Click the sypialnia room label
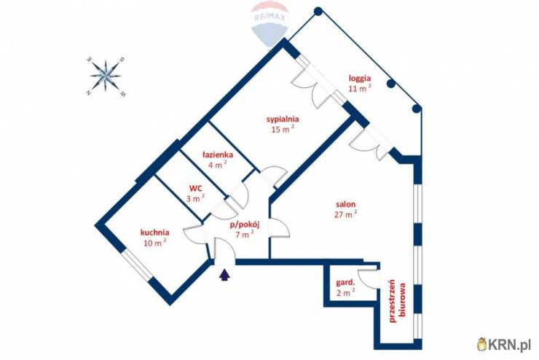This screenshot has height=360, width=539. (283, 120)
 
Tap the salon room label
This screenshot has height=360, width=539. (345, 204)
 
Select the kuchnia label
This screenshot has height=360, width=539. (154, 232)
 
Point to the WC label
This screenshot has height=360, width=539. (196, 189)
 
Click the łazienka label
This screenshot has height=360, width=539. (218, 154)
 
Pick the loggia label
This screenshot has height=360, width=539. (360, 78)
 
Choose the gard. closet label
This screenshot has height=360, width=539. (345, 283)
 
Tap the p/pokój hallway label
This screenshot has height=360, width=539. (245, 225)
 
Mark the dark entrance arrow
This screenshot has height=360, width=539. (224, 275)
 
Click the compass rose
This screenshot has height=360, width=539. (106, 76)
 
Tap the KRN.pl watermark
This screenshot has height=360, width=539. (504, 344)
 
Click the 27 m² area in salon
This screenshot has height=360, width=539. (345, 214)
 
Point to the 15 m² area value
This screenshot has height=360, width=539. (283, 130)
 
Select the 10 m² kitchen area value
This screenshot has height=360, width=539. (155, 243)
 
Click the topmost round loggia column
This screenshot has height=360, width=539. (318, 12)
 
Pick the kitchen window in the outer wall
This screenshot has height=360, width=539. (137, 264)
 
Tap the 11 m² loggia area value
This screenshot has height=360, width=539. (360, 88)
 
